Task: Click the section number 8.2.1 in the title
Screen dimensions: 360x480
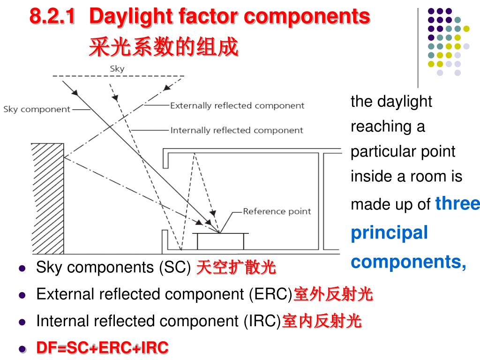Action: [52, 17]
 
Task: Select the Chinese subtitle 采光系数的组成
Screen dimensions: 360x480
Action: [164, 47]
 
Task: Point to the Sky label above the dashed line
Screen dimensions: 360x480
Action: [117, 68]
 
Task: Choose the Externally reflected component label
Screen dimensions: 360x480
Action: [237, 105]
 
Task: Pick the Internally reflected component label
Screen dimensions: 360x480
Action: [236, 130]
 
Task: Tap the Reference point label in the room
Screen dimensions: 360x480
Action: [277, 211]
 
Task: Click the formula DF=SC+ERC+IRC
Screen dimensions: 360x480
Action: [102, 348]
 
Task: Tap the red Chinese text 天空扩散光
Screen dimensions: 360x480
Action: [236, 268]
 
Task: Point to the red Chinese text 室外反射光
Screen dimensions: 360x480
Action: [333, 294]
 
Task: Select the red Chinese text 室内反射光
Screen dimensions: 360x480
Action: [322, 321]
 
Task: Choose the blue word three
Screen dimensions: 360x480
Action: [457, 203]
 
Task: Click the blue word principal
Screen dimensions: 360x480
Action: [390, 232]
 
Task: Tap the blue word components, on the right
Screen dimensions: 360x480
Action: [409, 262]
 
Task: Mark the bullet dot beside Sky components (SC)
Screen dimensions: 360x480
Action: [22, 268]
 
